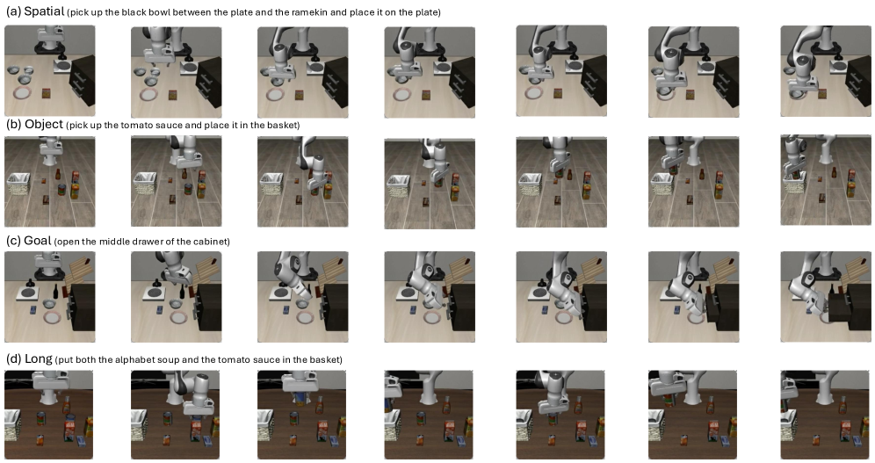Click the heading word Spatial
tap(44, 11)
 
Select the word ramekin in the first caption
tap(309, 12)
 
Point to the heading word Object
tap(44, 124)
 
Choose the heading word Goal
tap(38, 241)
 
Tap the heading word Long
tap(39, 358)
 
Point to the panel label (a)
tap(13, 11)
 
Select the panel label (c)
tap(13, 241)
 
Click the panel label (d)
tap(13, 359)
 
